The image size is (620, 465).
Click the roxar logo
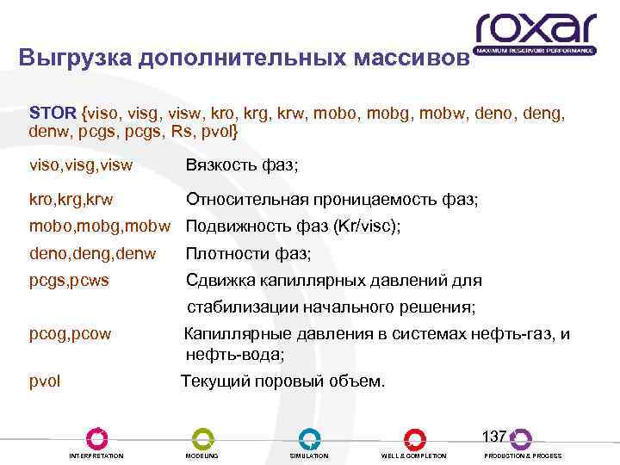pyautogui.click(x=536, y=32)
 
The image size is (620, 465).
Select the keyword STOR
pyautogui.click(x=53, y=114)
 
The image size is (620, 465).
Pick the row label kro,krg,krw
pyautogui.click(x=71, y=200)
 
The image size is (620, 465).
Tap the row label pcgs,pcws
pyautogui.click(x=70, y=281)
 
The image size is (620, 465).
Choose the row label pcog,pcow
pyautogui.click(x=71, y=334)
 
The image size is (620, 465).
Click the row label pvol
pyautogui.click(x=46, y=381)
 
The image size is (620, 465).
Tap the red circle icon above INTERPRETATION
pyautogui.click(x=96, y=438)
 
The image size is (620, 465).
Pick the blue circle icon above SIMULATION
pyautogui.click(x=309, y=438)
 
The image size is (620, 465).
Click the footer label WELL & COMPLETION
pyautogui.click(x=413, y=456)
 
